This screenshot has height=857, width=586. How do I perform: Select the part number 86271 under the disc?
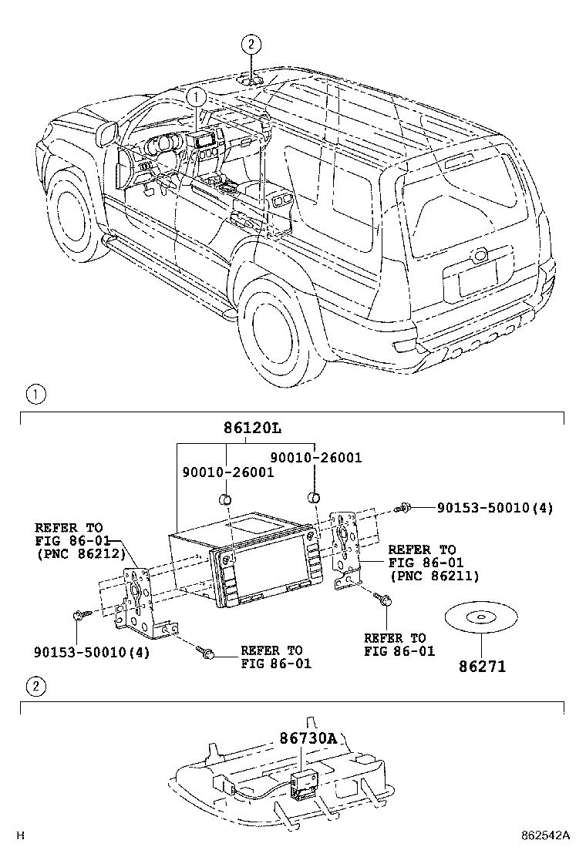[x=484, y=666]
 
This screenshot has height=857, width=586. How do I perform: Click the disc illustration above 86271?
[x=482, y=617]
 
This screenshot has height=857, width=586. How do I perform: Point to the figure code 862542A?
[x=544, y=835]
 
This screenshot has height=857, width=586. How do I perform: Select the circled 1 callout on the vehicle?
[x=197, y=97]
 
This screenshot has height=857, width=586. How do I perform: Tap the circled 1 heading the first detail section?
[x=35, y=395]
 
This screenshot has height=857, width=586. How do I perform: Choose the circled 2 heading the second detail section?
[x=35, y=687]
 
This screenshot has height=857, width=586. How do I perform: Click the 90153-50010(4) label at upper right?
[x=494, y=508]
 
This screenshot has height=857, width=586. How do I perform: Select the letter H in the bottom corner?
[x=21, y=835]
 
